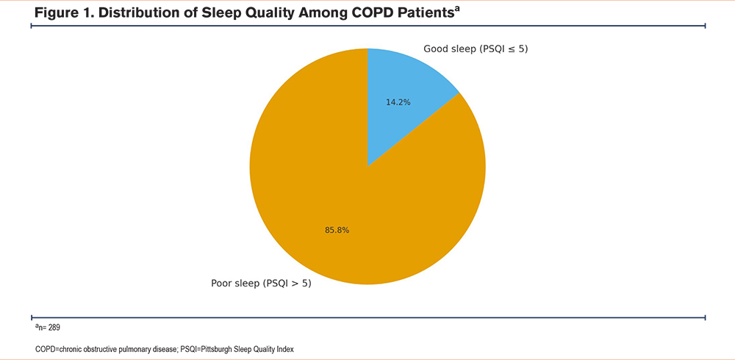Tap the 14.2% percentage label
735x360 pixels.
click(x=398, y=102)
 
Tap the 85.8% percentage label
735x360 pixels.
click(x=337, y=230)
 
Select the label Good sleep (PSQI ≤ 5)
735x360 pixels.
click(x=476, y=49)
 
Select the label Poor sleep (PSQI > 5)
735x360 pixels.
click(x=261, y=283)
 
